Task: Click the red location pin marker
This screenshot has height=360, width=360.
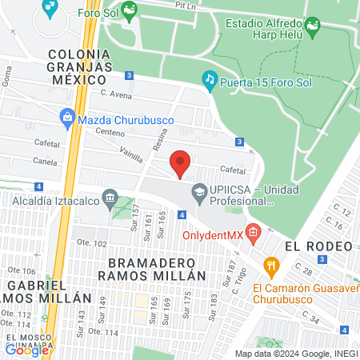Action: tap(181, 162)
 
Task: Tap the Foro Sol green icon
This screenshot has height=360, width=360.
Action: tap(129, 10)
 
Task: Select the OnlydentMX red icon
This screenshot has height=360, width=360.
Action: tap(254, 234)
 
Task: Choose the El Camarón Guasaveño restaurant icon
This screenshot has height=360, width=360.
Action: tap(271, 266)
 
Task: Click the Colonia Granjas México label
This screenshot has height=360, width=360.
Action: tap(78, 66)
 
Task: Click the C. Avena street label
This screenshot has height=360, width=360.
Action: tap(115, 94)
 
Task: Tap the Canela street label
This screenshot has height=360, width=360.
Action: tap(46, 161)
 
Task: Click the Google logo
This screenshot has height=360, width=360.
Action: tap(26, 349)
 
